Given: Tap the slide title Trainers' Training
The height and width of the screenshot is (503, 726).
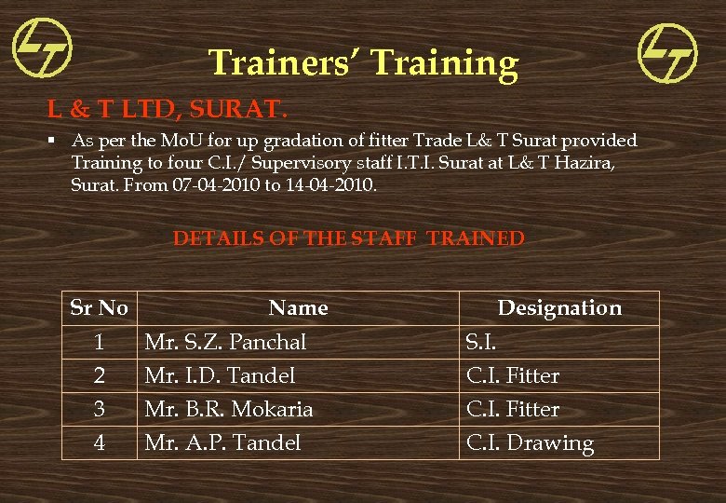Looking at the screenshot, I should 363,63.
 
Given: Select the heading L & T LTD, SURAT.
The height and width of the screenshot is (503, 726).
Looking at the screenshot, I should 163,110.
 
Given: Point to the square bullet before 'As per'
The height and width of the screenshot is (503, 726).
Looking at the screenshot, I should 55,141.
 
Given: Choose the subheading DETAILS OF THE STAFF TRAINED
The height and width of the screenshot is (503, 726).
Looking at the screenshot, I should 349,238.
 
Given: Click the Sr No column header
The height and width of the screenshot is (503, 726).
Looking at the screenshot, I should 100,307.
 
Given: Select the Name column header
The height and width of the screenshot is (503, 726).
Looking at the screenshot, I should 298,307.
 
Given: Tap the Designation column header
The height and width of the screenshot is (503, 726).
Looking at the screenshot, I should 559,307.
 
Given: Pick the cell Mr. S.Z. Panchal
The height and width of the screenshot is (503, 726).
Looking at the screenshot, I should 225,342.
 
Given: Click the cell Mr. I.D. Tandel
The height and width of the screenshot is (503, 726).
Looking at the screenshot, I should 220,375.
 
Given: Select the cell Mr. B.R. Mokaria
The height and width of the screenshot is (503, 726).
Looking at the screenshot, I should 229,409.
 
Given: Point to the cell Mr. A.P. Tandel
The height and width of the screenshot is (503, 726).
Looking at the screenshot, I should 222,442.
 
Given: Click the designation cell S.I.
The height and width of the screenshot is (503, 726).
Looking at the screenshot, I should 481,342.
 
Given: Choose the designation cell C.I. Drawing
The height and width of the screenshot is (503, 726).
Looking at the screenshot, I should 530,443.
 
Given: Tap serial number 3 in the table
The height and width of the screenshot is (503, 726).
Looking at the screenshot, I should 100,409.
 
